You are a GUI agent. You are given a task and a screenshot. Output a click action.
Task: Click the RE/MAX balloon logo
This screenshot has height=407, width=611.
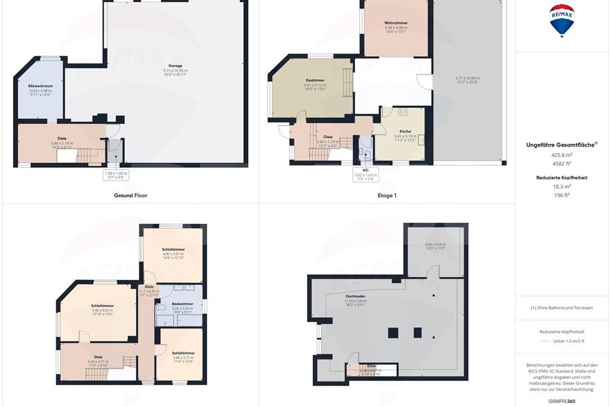click(x=562, y=20)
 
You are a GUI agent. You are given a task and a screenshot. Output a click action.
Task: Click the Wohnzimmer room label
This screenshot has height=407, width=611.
click(x=396, y=23)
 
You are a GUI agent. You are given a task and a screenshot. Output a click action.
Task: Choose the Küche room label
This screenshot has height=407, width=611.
click(x=405, y=132)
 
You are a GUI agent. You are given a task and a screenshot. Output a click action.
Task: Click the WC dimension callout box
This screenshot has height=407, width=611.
click(x=366, y=174)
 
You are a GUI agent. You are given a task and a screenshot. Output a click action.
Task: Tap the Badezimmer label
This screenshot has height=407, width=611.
click(x=183, y=303)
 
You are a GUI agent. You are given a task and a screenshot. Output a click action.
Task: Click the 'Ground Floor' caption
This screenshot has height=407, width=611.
click(x=131, y=195)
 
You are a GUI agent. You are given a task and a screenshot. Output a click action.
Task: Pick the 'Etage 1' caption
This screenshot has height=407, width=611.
click(x=387, y=195)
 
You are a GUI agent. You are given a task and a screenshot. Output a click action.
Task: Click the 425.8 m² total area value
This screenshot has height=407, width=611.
click(x=562, y=155)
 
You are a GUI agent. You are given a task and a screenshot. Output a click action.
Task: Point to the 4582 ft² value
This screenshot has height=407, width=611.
click(x=562, y=164)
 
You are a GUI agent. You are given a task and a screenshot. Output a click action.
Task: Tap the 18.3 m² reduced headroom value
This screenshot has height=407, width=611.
click(x=562, y=187)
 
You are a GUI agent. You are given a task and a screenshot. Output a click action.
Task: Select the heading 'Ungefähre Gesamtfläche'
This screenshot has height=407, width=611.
click(x=562, y=145)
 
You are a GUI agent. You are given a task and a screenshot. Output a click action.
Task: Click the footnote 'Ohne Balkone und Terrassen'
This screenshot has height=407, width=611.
click(x=562, y=308)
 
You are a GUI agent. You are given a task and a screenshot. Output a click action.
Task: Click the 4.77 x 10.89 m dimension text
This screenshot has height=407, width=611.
click(x=467, y=78)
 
